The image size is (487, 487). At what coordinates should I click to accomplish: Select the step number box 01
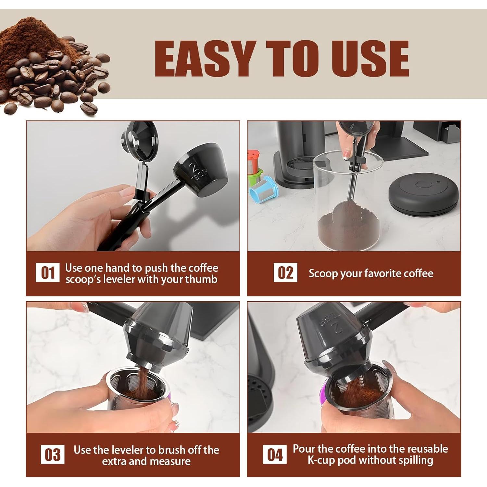coord(48,273)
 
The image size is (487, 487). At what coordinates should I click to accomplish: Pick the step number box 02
coord(285,272)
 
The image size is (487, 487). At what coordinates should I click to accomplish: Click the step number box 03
coord(53,455)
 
